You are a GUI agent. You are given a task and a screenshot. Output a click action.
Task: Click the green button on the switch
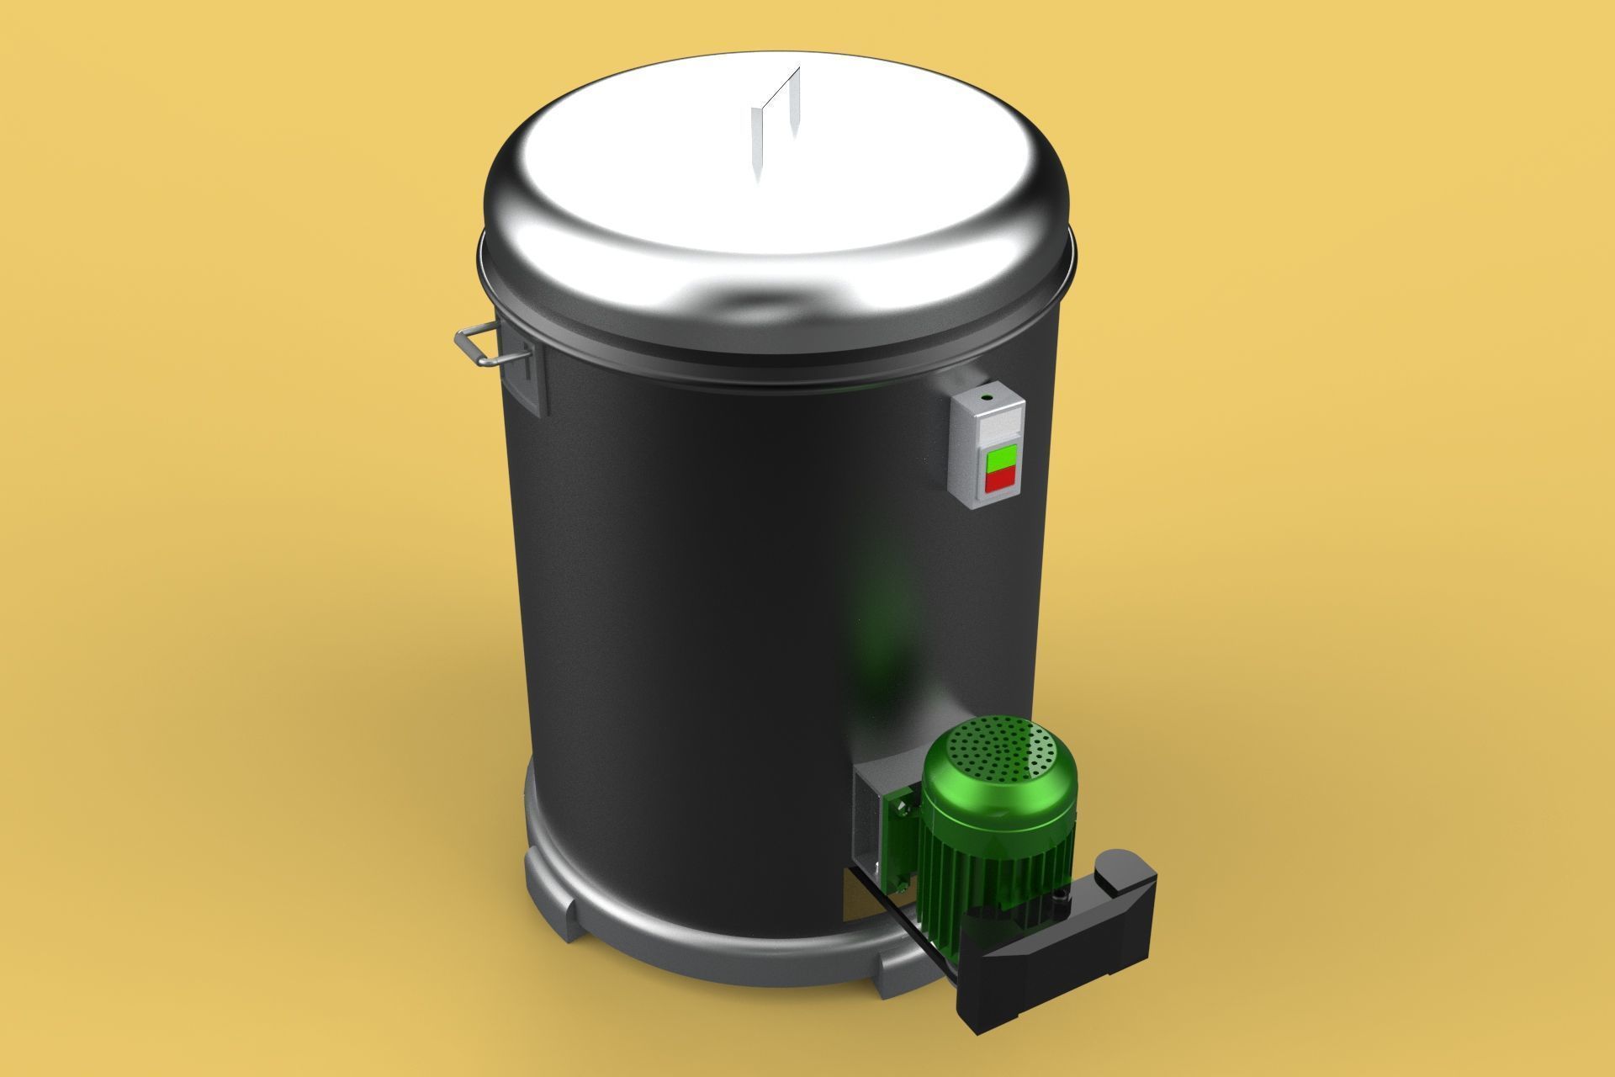tap(998, 460)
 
